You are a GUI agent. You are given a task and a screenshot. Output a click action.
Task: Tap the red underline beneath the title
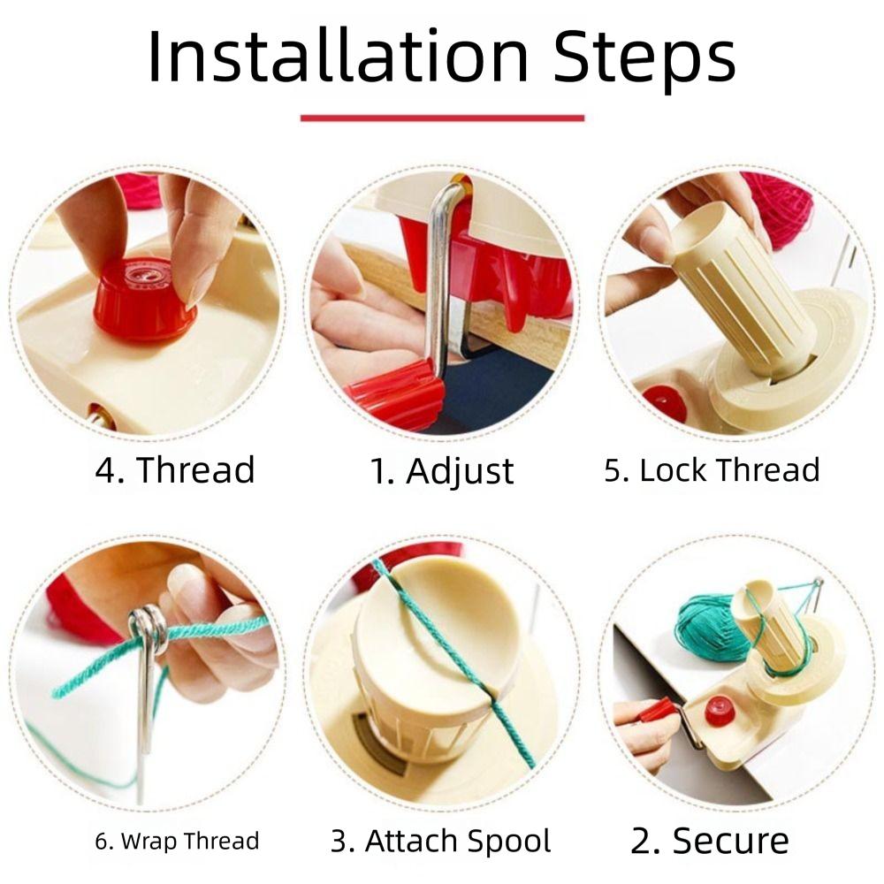pyautogui.click(x=442, y=118)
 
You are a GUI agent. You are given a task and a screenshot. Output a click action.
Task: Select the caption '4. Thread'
pyautogui.click(x=175, y=469)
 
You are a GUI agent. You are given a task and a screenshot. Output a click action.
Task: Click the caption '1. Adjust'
pyautogui.click(x=441, y=471)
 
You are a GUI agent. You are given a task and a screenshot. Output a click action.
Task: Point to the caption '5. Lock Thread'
pyautogui.click(x=712, y=470)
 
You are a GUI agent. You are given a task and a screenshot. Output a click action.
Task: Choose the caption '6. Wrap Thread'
pyautogui.click(x=177, y=840)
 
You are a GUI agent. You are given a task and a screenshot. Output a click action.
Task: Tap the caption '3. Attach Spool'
pyautogui.click(x=441, y=840)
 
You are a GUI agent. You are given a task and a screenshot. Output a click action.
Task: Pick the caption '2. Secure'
pyautogui.click(x=710, y=840)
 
